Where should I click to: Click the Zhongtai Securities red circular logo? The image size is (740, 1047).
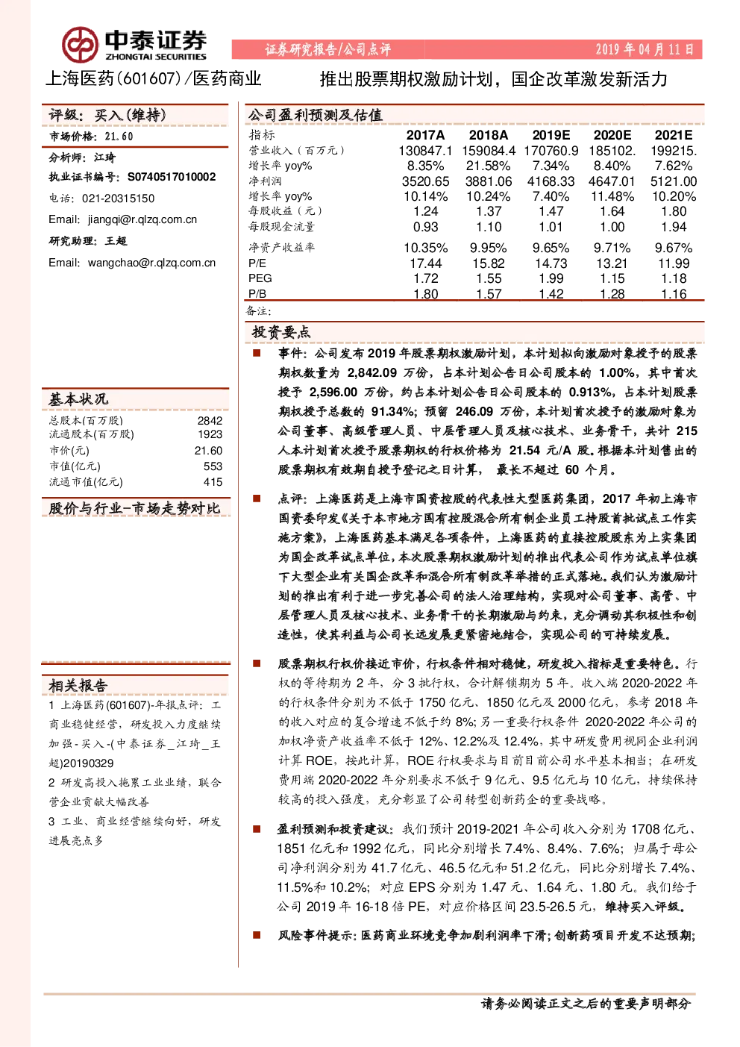click(x=81, y=45)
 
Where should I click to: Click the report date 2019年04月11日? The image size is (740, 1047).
click(x=645, y=49)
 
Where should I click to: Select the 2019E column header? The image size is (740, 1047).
click(x=551, y=135)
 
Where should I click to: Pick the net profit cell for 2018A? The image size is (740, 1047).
click(x=488, y=181)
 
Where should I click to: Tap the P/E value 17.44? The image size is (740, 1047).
click(x=426, y=263)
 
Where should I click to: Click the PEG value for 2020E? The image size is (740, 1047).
click(x=612, y=278)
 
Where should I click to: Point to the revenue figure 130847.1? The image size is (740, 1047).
click(x=425, y=151)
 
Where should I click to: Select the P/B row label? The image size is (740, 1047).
click(x=257, y=294)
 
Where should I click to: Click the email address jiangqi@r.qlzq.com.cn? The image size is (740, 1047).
click(x=142, y=219)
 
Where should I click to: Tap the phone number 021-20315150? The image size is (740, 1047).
click(x=118, y=199)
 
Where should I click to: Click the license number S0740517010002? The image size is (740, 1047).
click(x=172, y=177)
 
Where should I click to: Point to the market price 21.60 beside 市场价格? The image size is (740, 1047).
click(x=119, y=137)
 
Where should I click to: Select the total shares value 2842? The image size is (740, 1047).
click(x=210, y=421)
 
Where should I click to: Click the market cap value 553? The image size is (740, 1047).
click(x=213, y=466)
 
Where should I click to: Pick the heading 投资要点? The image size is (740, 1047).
click(x=280, y=332)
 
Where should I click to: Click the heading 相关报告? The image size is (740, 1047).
click(x=78, y=686)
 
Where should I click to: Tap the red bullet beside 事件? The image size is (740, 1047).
click(x=257, y=353)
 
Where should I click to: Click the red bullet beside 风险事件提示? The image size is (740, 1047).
click(x=257, y=935)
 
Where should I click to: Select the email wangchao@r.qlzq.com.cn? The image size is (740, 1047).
click(x=151, y=263)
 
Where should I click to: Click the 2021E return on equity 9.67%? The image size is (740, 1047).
click(x=673, y=249)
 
